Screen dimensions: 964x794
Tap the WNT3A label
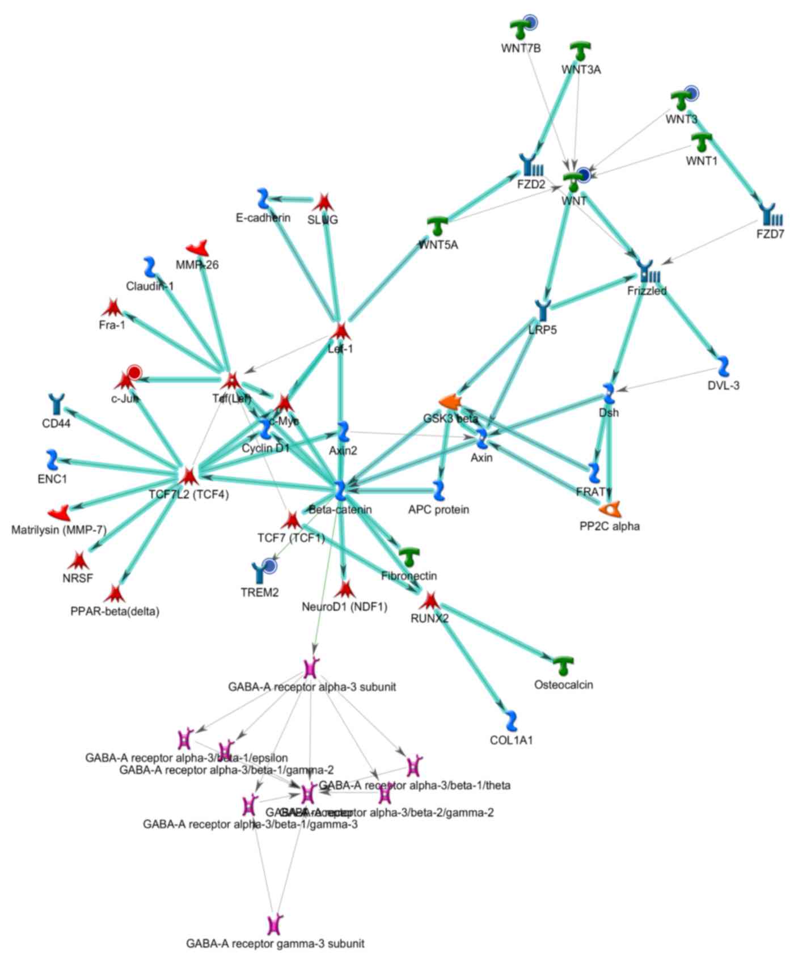581,70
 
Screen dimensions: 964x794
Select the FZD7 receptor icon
770,215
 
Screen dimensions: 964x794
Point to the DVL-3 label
723,386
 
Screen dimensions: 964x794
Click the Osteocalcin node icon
563,665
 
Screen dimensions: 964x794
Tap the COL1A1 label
511,740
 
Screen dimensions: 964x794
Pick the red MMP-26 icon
197,248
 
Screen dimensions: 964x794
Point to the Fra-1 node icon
112,307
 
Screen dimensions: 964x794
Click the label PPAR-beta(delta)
115,611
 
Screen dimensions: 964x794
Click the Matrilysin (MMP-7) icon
58,513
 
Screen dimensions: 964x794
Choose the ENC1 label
52,479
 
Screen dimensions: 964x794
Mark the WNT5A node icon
437,226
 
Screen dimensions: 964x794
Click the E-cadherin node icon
262,198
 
